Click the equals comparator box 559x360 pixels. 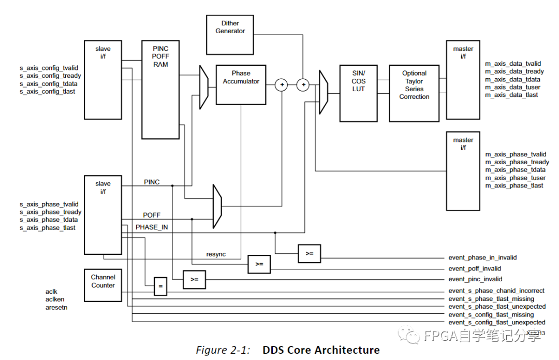point(160,286)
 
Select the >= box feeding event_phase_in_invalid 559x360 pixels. point(310,253)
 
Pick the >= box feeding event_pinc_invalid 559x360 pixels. point(194,280)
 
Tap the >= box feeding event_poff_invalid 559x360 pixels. point(259,264)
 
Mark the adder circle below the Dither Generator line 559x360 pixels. point(303,84)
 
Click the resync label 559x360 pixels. point(216,254)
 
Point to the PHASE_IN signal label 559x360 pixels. point(152,227)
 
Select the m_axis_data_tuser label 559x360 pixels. point(512,87)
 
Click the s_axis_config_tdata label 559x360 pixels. point(48,83)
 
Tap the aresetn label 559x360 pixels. point(57,307)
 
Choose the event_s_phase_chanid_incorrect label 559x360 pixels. point(496,291)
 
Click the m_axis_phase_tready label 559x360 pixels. point(517,162)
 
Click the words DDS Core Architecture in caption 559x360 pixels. point(321,350)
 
